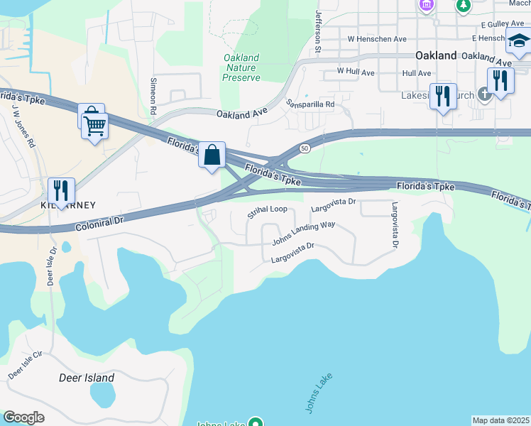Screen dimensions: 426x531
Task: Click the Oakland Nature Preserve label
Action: (x=241, y=67)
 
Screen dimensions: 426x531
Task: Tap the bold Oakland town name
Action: (x=436, y=55)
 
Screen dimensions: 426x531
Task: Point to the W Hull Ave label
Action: (x=356, y=72)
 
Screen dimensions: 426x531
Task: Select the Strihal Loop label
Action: (x=267, y=211)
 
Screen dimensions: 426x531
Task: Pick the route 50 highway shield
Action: (x=304, y=148)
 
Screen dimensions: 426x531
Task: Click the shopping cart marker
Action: (x=94, y=127)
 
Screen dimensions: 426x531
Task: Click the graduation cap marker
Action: (x=518, y=42)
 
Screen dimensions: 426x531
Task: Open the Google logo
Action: (x=23, y=417)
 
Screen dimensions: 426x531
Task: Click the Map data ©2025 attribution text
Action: (x=500, y=420)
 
